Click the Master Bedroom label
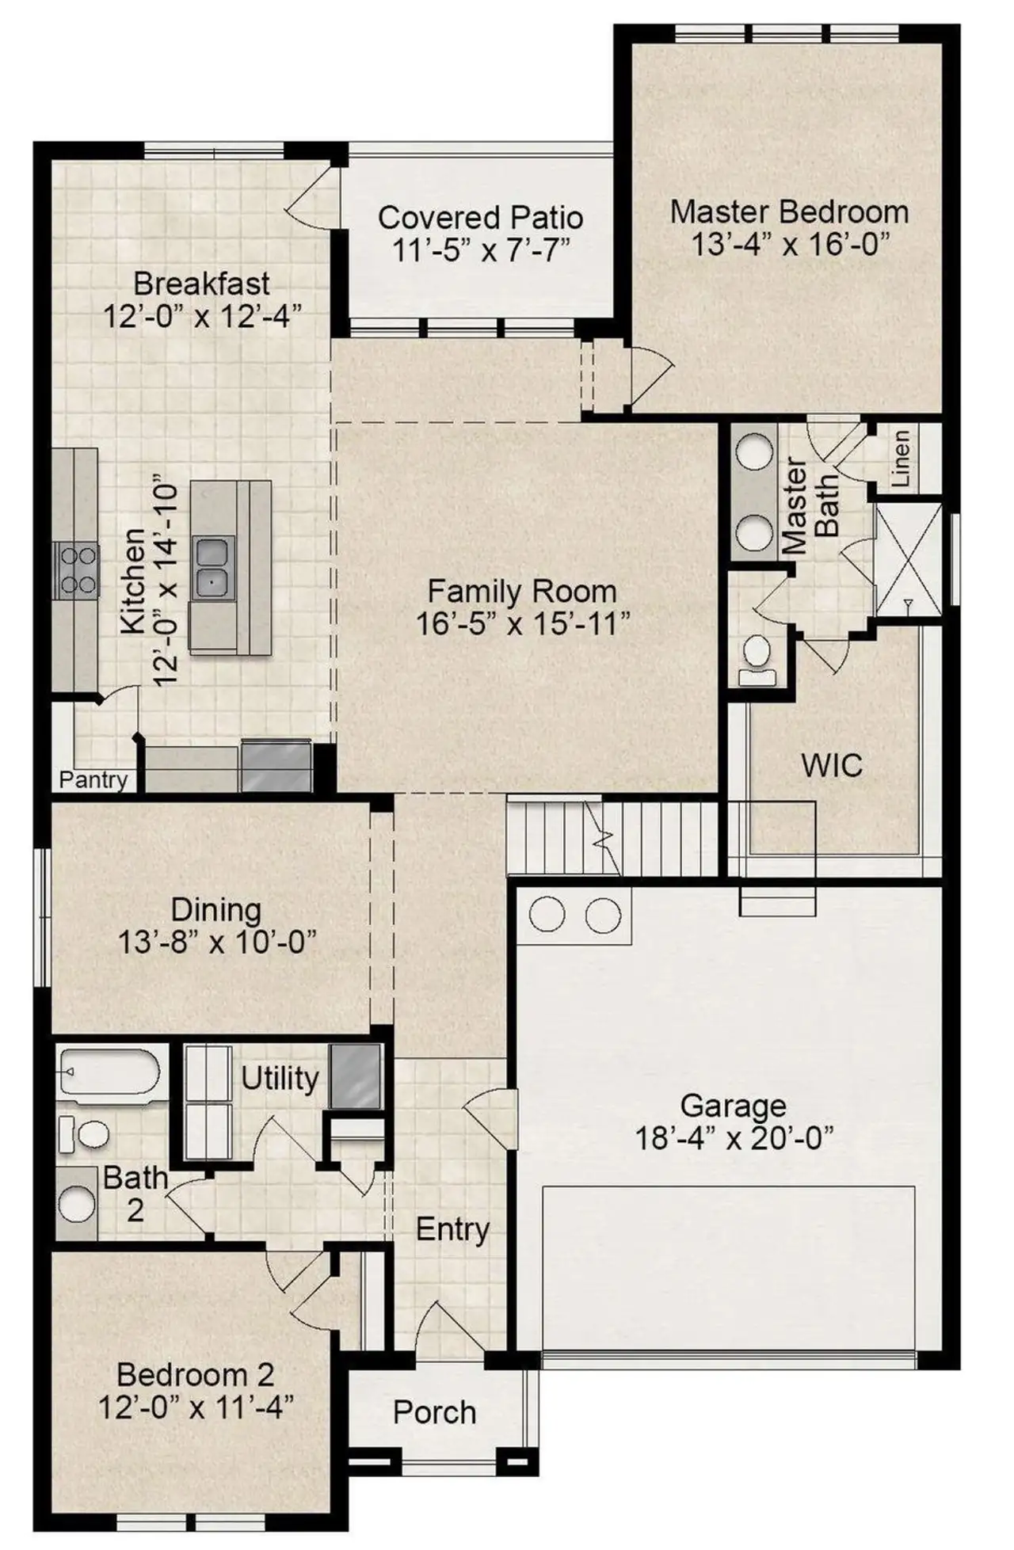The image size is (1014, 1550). point(788,211)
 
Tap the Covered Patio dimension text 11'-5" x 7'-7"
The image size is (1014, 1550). point(481,250)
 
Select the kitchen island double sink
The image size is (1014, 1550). point(212,566)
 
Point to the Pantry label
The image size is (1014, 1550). point(93,780)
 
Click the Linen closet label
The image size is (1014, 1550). point(901,459)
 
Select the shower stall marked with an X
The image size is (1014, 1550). point(909,559)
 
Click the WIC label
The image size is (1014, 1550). point(831,766)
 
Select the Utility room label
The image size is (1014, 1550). point(279,1078)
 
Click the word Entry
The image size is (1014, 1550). point(452,1229)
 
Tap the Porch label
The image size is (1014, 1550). point(434,1412)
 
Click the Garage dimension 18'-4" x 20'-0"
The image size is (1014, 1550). point(734,1139)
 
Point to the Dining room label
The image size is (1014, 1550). point(215,910)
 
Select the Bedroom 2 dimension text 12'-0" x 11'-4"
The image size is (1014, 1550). point(196,1407)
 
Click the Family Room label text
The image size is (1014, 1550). point(521,591)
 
